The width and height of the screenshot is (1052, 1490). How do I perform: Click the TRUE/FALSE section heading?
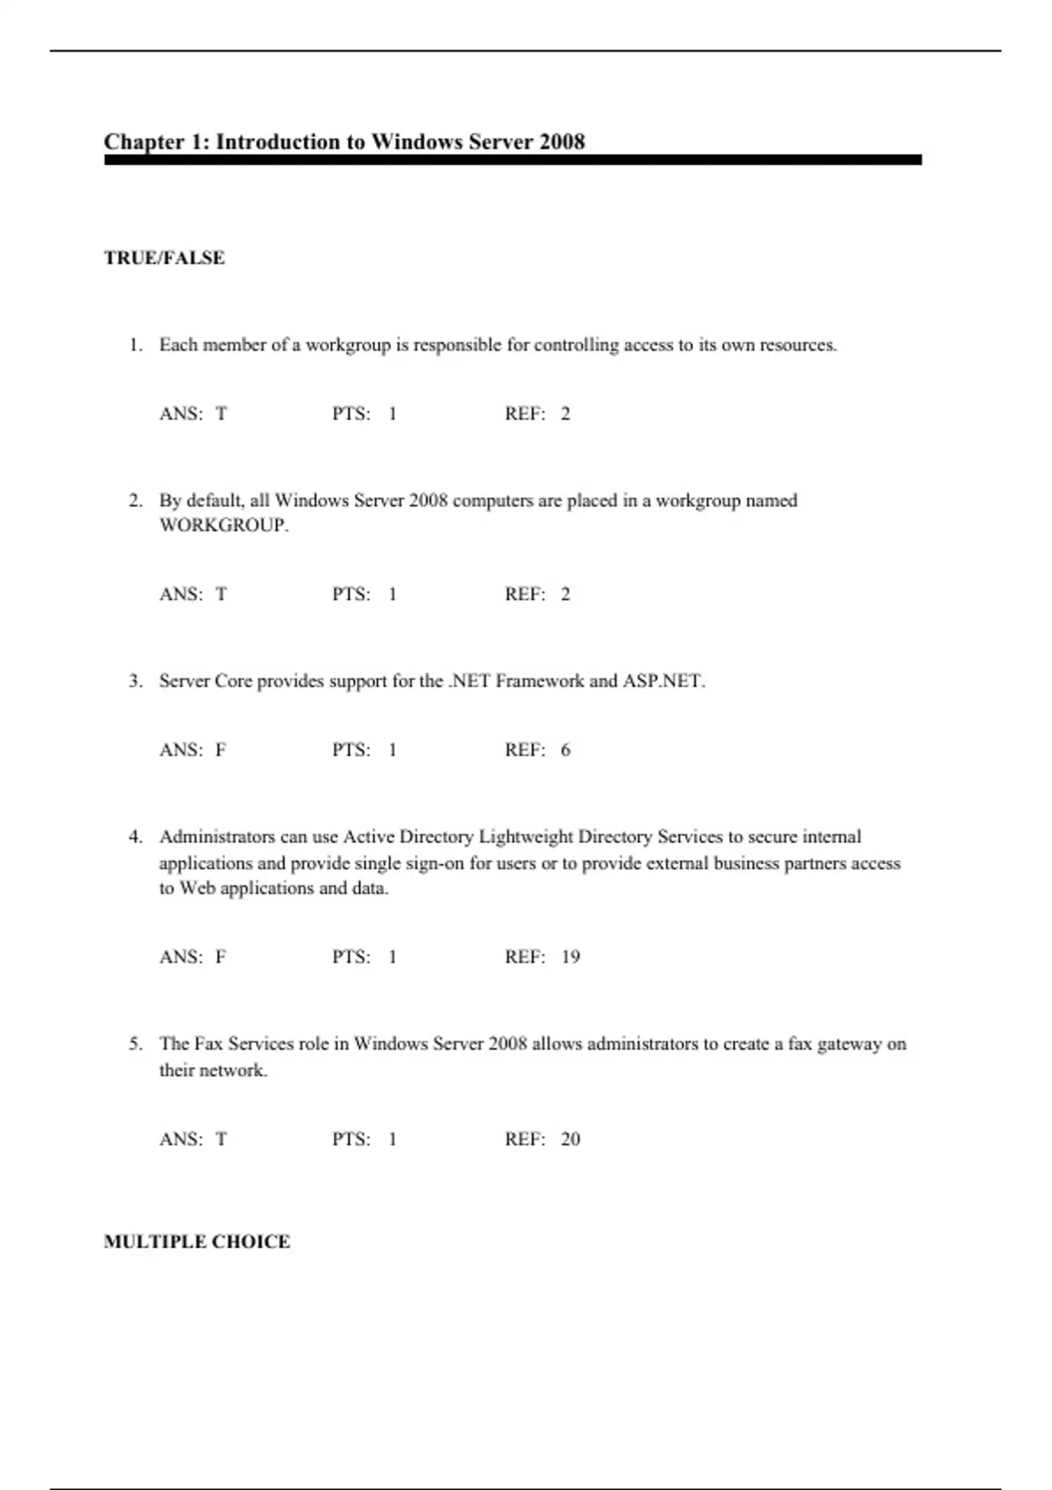pos(164,258)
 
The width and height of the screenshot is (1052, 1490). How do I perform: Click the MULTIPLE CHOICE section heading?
pos(196,1241)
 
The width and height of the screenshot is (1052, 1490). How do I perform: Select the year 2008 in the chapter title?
pos(562,142)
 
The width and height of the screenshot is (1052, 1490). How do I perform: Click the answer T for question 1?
pos(221,414)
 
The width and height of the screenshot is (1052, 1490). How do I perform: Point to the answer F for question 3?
pos(221,750)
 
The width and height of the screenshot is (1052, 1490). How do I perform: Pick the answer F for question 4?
pos(221,957)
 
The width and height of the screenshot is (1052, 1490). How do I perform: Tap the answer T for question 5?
pos(221,1139)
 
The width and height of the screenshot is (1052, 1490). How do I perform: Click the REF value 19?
pos(571,957)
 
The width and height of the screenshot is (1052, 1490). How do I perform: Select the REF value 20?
pos(571,1139)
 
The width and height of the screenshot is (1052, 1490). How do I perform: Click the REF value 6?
pos(565,750)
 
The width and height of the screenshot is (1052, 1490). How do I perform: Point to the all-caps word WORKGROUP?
pos(223,526)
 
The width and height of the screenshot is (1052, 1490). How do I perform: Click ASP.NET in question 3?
pos(663,681)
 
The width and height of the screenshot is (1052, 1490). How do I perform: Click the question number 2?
pos(135,501)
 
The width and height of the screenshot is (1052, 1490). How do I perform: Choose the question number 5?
pos(135,1044)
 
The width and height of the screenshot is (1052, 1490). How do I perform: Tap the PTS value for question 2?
pos(392,594)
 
